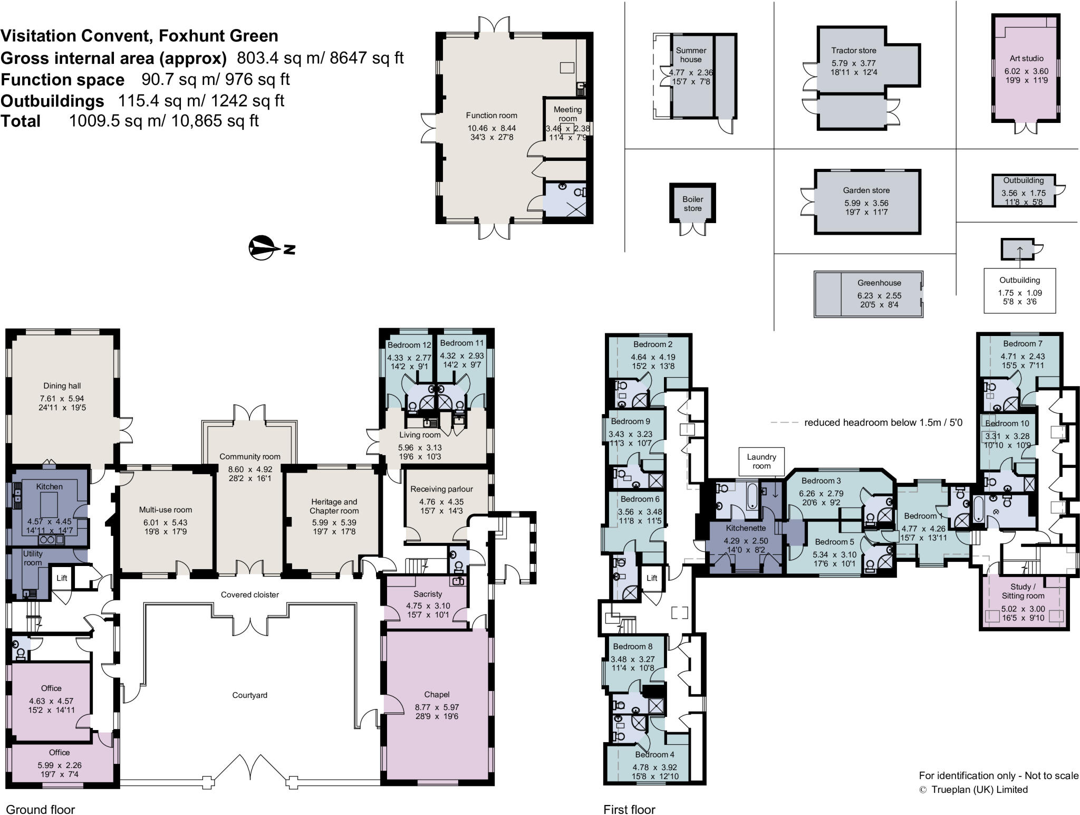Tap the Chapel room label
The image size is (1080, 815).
437,694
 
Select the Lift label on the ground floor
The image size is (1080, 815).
62,578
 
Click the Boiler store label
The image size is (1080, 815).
692,204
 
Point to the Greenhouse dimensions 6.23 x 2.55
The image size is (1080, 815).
879,295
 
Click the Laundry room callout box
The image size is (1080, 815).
761,461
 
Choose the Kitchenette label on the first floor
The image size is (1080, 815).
746,528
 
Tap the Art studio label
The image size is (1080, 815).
1026,59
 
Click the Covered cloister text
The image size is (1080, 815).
249,595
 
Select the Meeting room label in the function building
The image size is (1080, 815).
567,113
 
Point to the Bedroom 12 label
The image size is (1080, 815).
409,345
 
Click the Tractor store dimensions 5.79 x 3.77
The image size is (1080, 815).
853,63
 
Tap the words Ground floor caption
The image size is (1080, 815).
41,809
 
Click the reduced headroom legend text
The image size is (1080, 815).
883,423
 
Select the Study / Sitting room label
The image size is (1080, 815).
1023,591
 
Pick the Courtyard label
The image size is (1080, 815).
249,695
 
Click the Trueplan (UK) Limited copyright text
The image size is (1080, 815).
979,789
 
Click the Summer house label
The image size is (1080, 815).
691,55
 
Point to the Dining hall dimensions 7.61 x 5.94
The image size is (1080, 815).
62,399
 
